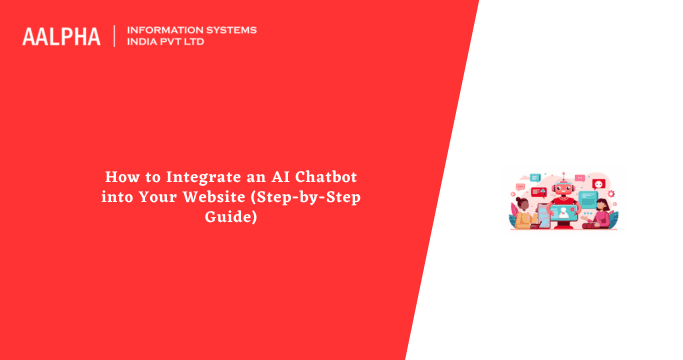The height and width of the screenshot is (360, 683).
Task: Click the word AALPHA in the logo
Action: (61, 37)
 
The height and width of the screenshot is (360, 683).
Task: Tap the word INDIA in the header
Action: (144, 43)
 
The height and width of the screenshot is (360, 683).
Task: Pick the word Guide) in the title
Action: (231, 216)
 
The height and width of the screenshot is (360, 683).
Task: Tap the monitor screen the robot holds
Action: (565, 212)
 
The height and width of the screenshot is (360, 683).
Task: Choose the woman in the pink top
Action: (602, 216)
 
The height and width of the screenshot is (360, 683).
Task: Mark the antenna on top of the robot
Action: (565, 174)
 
